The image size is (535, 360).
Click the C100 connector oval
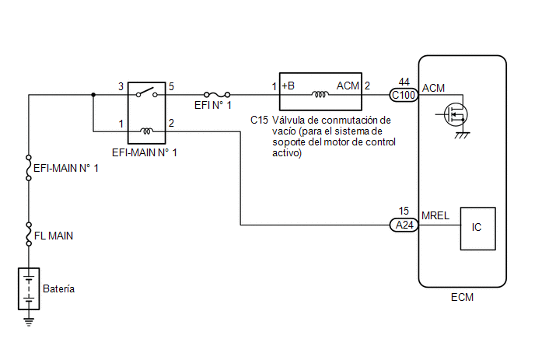pyautogui.click(x=404, y=95)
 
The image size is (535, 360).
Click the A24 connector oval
pyautogui.click(x=404, y=225)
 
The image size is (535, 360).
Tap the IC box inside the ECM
pyautogui.click(x=477, y=229)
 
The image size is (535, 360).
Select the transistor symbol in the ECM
pyautogui.click(x=456, y=114)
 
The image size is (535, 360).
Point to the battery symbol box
pyautogui.click(x=29, y=288)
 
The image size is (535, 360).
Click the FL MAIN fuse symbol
pyautogui.click(x=29, y=234)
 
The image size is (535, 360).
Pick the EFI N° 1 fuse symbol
pyautogui.click(x=217, y=95)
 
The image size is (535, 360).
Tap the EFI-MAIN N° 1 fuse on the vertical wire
pyautogui.click(x=29, y=168)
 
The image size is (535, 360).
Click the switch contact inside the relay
pyautogui.click(x=147, y=93)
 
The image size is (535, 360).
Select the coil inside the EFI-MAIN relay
pyautogui.click(x=147, y=131)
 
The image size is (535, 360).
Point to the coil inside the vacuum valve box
pyautogui.click(x=320, y=93)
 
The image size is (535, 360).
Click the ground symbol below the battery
pyautogui.click(x=29, y=322)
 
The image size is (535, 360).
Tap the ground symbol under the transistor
pyautogui.click(x=463, y=135)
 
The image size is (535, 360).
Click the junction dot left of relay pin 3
pyautogui.click(x=93, y=95)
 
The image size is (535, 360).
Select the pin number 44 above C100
pyautogui.click(x=404, y=82)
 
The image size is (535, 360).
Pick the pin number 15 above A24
pyautogui.click(x=404, y=211)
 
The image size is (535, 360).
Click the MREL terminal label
pyautogui.click(x=435, y=215)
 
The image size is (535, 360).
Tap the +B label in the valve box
pyautogui.click(x=288, y=86)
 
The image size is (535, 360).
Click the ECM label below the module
pyautogui.click(x=462, y=297)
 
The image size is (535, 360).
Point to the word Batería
pyautogui.click(x=58, y=288)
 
